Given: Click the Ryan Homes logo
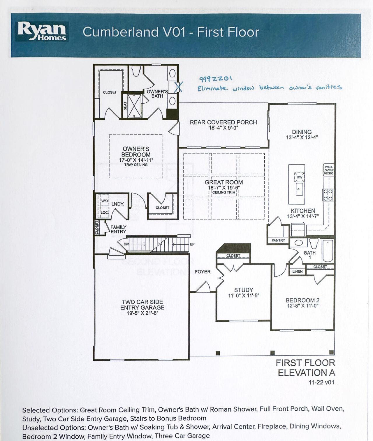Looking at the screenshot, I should click(42, 31).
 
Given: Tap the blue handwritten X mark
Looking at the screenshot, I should click(178, 87).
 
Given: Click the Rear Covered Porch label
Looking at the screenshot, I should click(223, 122).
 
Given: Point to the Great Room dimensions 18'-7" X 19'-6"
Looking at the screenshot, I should click(224, 188).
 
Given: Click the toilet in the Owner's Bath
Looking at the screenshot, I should click(136, 71).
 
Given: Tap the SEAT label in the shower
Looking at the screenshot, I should click(125, 105).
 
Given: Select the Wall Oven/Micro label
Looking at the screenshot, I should click(329, 170).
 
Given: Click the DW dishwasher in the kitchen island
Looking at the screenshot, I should click(299, 177).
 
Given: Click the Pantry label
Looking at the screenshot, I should click(278, 240).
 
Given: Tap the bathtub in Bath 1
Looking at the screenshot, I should click(328, 251).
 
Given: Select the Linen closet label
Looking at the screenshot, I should click(297, 271).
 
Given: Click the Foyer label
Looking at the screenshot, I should click(203, 272).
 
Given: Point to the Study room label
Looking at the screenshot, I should click(244, 290).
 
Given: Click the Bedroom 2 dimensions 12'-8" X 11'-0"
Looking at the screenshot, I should click(302, 306).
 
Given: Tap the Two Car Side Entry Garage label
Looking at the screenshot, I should click(142, 305).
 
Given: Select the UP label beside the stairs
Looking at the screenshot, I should click(192, 244).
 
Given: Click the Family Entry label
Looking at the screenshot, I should click(118, 229).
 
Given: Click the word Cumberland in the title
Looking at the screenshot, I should click(121, 32).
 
